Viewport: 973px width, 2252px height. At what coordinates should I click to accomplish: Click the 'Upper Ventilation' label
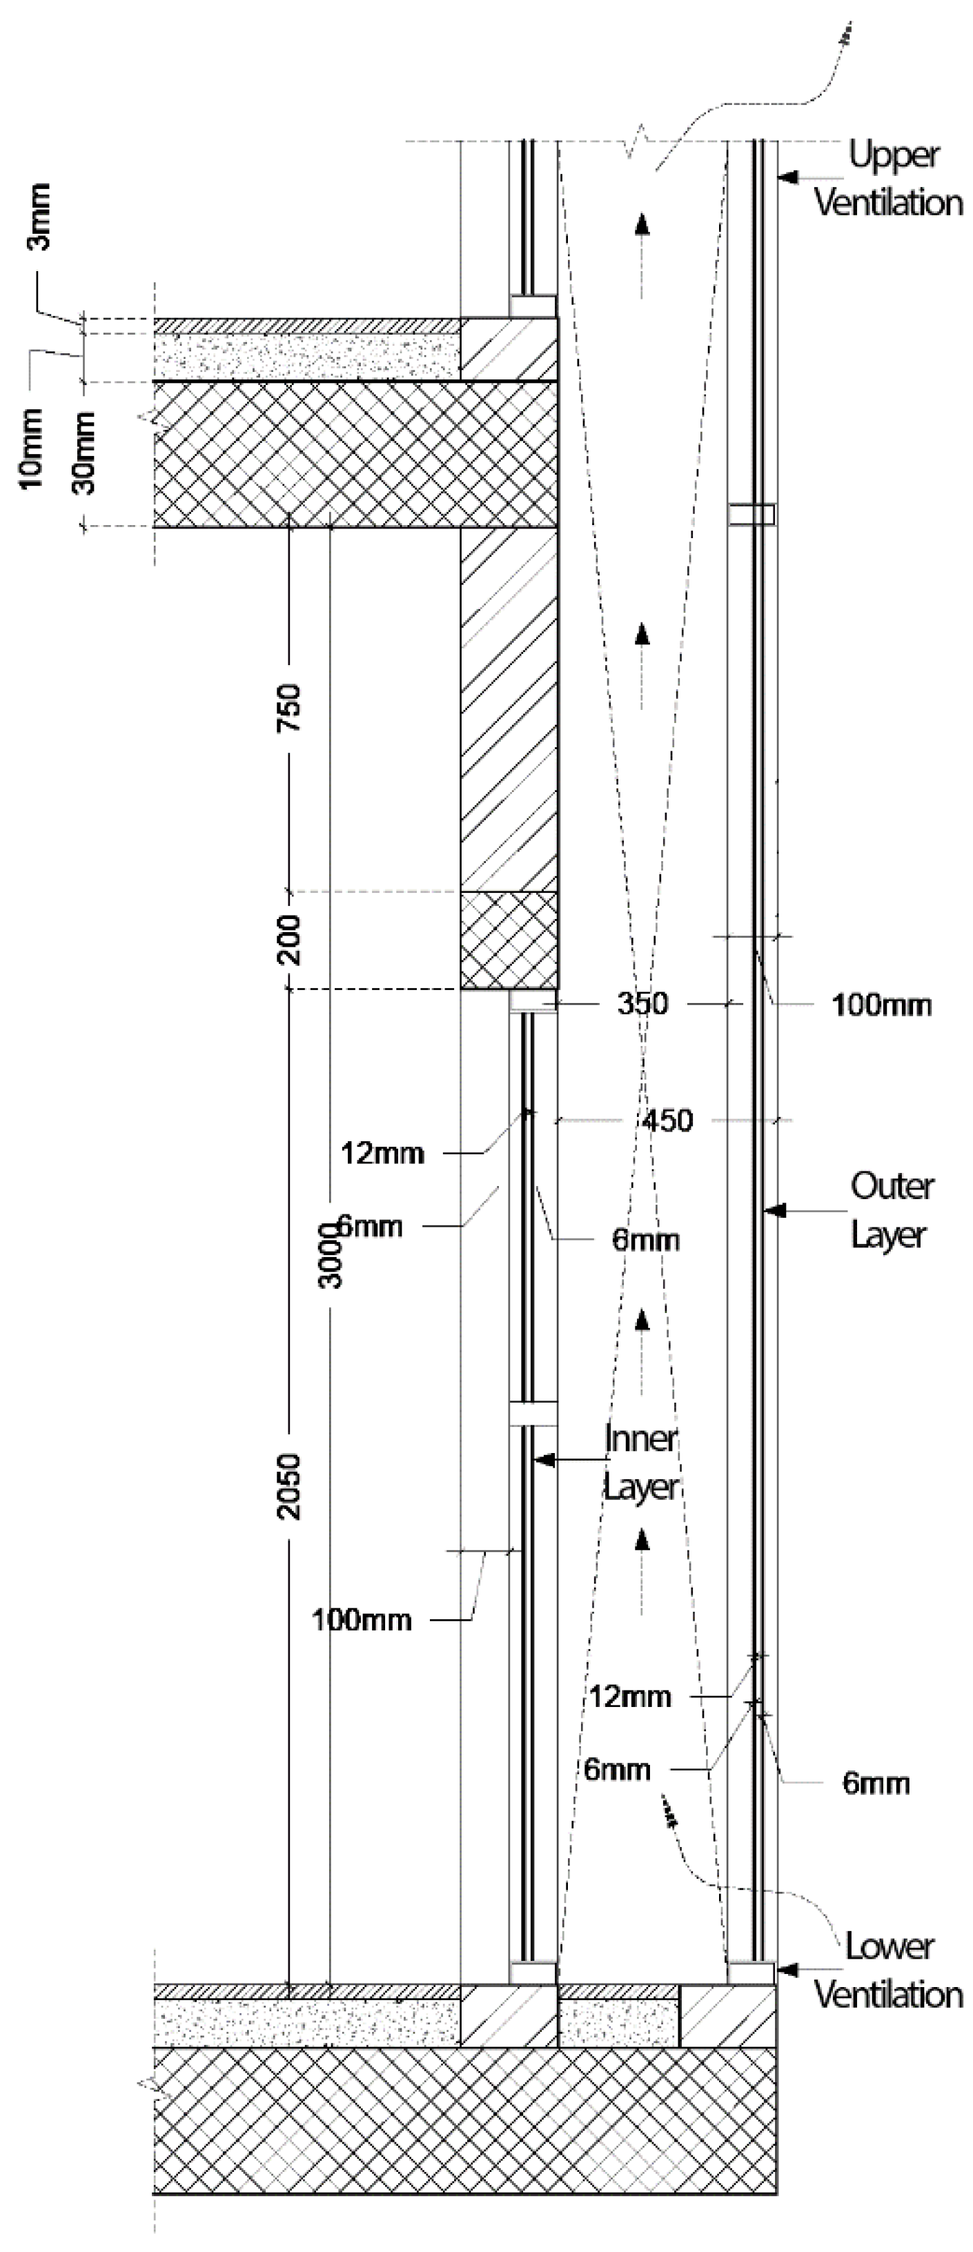click(889, 179)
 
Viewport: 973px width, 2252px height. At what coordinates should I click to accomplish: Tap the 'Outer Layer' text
click(891, 1211)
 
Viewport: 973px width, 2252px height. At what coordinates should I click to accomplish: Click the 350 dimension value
click(642, 1002)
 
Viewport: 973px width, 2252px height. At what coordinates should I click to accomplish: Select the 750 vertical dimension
click(289, 707)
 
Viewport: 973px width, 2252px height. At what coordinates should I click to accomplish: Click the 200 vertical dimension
click(289, 940)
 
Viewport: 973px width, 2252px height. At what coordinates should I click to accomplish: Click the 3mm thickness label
click(40, 216)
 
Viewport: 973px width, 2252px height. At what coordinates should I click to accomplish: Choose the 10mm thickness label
click(32, 448)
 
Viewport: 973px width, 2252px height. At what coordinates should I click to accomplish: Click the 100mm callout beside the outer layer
click(881, 1005)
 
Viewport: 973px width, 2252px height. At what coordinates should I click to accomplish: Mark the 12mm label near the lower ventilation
click(629, 1696)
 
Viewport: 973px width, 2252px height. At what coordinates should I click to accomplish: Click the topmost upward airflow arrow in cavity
click(642, 225)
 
